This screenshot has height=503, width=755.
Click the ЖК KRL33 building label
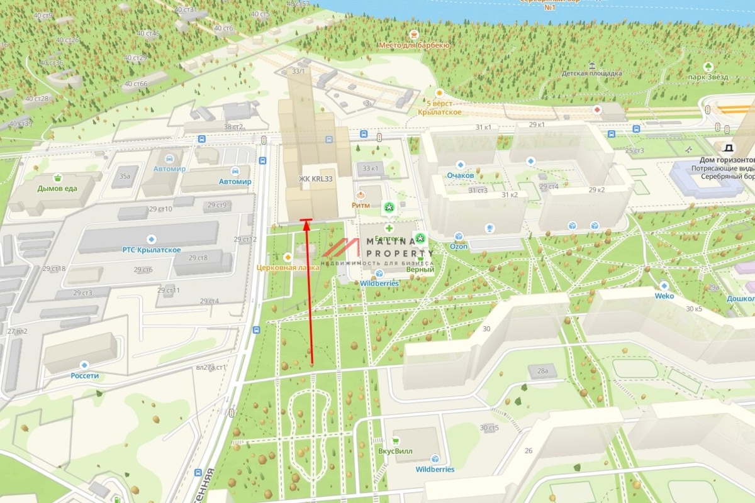[x=315, y=179]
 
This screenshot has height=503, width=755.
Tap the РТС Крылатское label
[x=151, y=250]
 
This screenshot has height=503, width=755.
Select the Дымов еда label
[x=57, y=188]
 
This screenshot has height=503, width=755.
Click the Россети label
[x=85, y=375]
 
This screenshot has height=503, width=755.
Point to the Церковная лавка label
[x=288, y=267]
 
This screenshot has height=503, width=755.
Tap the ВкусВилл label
[x=396, y=451]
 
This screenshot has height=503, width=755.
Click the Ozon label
[x=459, y=246]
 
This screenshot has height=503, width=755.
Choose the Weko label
[x=664, y=296]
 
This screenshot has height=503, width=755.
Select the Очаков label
[x=460, y=175]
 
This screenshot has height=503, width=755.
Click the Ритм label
[x=361, y=205]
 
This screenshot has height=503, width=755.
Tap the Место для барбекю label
[x=414, y=45]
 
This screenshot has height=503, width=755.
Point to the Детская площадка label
[x=591, y=73]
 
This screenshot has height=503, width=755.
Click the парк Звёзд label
[x=708, y=77]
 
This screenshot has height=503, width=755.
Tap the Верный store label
[x=420, y=269]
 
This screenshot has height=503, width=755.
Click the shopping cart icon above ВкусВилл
[x=396, y=441]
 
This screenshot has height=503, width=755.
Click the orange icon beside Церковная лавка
[x=288, y=257]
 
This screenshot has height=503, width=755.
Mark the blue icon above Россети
[x=84, y=365]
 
